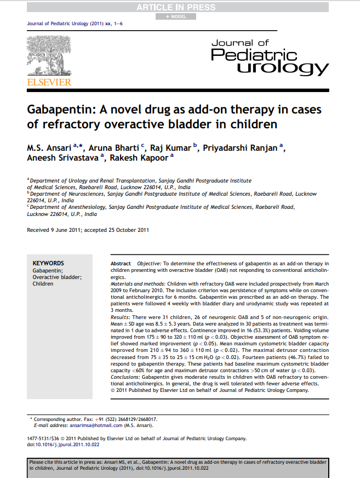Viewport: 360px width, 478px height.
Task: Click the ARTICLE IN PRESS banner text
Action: click(180, 7)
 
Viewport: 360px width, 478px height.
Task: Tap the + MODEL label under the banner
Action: click(179, 16)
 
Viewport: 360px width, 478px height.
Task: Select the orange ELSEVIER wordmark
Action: click(49, 82)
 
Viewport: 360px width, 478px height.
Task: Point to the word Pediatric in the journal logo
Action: click(253, 54)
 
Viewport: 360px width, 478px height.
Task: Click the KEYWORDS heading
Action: click(48, 263)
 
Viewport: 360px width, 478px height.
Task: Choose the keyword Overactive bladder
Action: click(57, 277)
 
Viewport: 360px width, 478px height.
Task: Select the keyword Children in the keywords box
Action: click(43, 284)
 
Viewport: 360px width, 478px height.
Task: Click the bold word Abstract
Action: click(121, 264)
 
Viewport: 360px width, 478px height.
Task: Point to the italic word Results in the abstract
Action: click(119, 317)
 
